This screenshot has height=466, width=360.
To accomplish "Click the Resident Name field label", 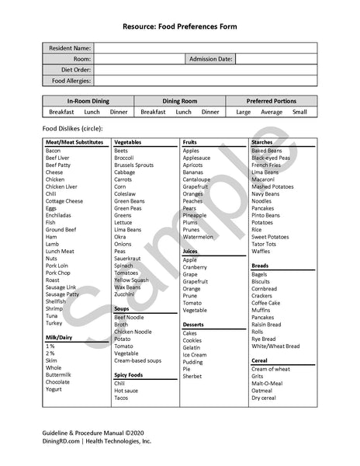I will point(71,48).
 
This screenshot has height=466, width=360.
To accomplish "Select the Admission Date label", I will point(209,58).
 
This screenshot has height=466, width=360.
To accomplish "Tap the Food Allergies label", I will point(71,80).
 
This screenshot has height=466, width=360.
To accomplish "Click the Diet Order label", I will point(74,69).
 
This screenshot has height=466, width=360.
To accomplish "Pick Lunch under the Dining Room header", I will point(183,112).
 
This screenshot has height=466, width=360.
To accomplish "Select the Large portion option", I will point(243,112).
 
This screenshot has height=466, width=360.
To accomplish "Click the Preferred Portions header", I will point(271,101).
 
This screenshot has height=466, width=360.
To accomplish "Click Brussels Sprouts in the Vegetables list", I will point(133,165).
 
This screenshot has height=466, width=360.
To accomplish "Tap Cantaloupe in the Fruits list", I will point(196,179).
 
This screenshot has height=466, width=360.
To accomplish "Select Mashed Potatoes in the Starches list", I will point(272,187).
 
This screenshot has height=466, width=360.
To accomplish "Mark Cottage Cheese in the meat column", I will point(64,201).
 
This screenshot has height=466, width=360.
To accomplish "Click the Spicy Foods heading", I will point(130,374).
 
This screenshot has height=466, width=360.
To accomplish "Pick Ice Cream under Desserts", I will point(195,355).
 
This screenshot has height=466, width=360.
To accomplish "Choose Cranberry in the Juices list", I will point(196,266).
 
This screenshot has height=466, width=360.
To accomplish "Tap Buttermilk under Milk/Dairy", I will point(58,375).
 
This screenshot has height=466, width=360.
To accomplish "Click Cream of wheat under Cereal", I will point(271,369).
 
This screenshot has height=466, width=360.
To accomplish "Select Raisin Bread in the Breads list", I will point(268,324).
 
